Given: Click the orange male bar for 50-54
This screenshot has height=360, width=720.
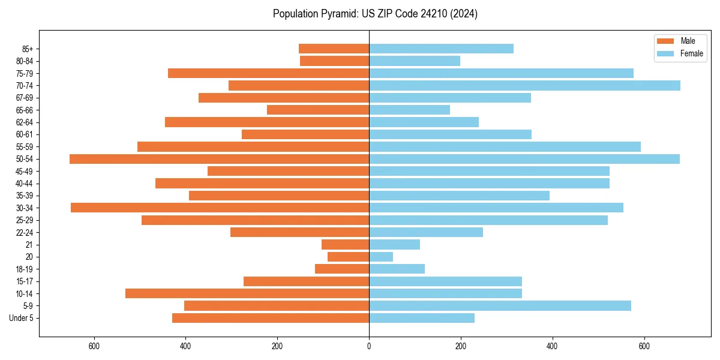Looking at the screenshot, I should click(x=219, y=159).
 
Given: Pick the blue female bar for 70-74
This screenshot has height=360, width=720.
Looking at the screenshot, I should click(x=524, y=86).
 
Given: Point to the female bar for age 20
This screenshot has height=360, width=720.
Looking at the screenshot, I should click(x=381, y=257).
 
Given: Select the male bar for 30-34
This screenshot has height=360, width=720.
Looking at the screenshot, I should click(x=220, y=208).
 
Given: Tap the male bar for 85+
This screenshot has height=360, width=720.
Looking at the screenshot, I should click(x=334, y=49).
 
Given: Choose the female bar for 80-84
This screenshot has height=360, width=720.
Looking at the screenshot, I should click(x=415, y=61).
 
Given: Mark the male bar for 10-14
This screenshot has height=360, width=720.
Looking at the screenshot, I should click(x=247, y=293).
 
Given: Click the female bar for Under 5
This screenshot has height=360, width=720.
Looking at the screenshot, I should click(x=422, y=318).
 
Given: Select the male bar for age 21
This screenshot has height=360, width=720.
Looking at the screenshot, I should click(x=345, y=245).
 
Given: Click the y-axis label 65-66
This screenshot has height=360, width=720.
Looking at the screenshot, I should click(x=25, y=110).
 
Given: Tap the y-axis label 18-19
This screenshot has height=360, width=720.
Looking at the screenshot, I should click(x=25, y=269).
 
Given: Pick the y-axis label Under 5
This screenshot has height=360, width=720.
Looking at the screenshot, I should click(x=22, y=318).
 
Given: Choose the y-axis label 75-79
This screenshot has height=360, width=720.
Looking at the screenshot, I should click(x=25, y=74).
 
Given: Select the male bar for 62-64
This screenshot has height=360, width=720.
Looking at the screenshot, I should click(x=267, y=122).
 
